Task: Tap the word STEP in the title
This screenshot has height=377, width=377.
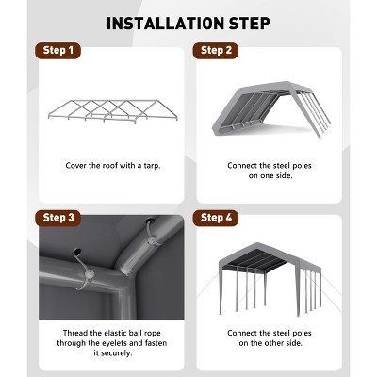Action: (250, 24)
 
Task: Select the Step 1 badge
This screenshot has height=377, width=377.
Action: (57, 51)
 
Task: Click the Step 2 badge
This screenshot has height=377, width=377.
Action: (216, 51)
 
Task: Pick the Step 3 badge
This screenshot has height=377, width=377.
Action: (57, 218)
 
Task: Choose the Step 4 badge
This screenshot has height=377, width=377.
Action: (216, 218)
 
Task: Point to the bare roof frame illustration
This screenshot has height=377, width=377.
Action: (113, 111)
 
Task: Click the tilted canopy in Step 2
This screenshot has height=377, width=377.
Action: (271, 109)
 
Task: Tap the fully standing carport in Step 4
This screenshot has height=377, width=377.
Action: (270, 279)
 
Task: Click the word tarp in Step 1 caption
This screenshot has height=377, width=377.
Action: (152, 166)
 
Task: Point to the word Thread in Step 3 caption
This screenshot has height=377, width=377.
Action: (75, 333)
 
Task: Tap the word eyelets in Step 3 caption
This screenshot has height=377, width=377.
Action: (124, 343)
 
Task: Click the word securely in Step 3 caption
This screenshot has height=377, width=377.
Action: (116, 353)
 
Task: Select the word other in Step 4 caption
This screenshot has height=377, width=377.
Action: (275, 343)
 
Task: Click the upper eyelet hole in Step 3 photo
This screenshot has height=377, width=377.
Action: (150, 221)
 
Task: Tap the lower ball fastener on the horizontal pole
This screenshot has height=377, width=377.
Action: (89, 273)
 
